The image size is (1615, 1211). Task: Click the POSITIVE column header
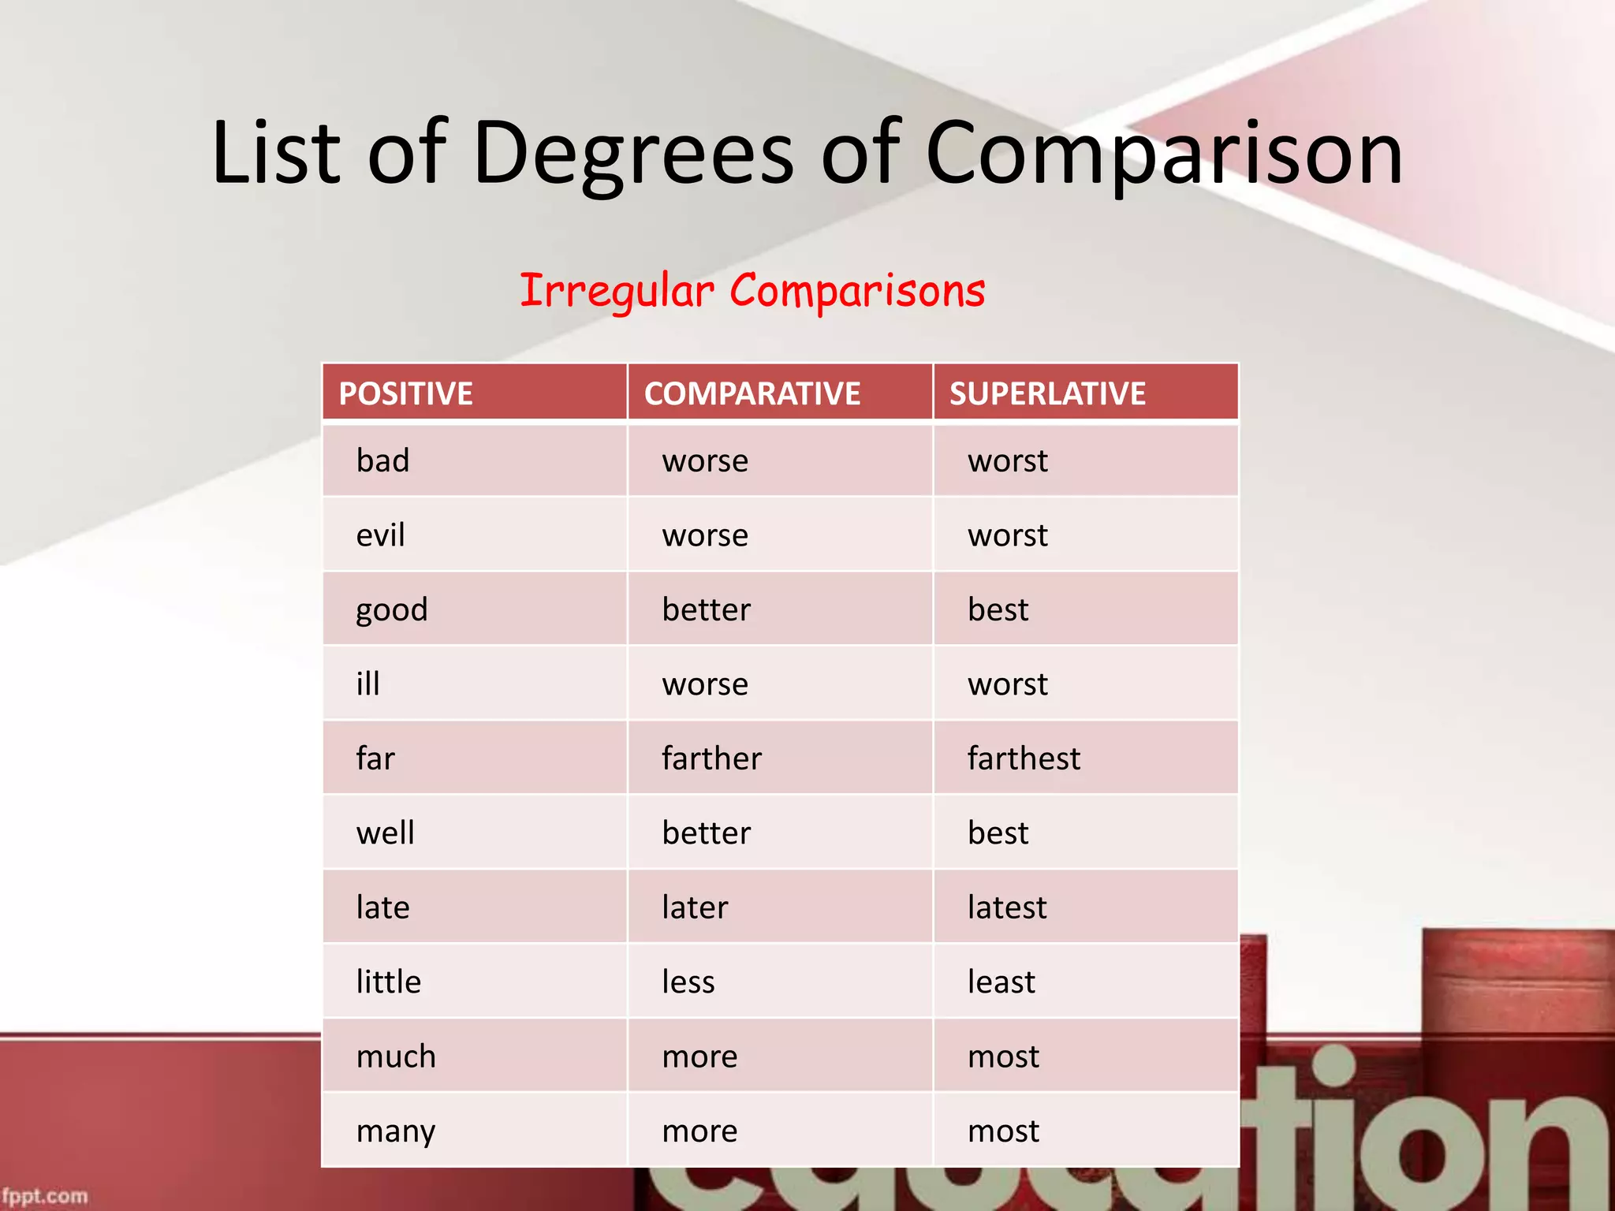click(x=405, y=393)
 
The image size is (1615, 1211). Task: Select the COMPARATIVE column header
click(x=752, y=393)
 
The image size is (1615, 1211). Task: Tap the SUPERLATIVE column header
click(x=1047, y=393)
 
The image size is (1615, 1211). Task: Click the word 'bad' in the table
click(x=382, y=460)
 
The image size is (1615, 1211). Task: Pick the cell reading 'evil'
click(x=380, y=535)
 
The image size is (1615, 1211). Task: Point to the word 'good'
click(x=391, y=610)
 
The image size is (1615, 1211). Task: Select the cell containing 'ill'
click(x=367, y=684)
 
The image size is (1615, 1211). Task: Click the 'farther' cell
click(x=711, y=758)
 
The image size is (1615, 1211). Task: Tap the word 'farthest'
click(x=1024, y=758)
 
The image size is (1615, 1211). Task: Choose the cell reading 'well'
click(x=385, y=833)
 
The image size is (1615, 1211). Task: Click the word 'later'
click(x=695, y=907)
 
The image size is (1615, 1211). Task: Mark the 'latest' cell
click(x=1007, y=907)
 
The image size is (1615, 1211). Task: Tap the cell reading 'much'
click(x=396, y=1056)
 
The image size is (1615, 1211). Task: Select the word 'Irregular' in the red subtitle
click(x=617, y=291)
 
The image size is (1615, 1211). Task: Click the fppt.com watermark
click(x=45, y=1196)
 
